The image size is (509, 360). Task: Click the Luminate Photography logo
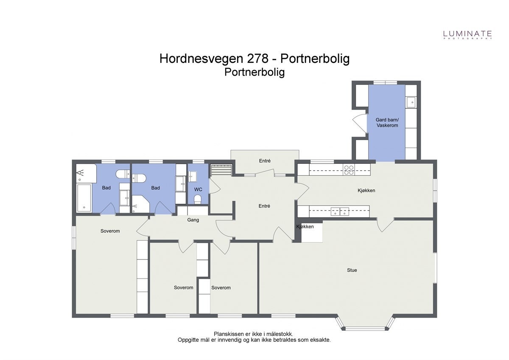467,34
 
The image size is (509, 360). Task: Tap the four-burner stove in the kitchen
349,170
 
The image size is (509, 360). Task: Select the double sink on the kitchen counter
339,211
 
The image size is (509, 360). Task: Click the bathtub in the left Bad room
84,198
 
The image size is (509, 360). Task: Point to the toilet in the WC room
197,199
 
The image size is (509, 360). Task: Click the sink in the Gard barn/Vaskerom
411,102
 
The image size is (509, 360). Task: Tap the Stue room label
352,270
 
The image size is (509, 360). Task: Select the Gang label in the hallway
193,220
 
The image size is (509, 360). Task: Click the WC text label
198,189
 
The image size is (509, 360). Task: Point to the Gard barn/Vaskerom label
386,123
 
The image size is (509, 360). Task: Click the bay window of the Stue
365,327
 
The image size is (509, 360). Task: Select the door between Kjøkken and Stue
385,224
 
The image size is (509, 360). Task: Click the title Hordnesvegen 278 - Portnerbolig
255,59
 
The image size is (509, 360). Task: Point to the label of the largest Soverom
110,231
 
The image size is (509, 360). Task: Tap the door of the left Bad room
107,209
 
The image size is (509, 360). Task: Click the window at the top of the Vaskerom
385,82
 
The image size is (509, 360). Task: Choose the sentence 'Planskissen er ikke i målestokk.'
253,334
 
